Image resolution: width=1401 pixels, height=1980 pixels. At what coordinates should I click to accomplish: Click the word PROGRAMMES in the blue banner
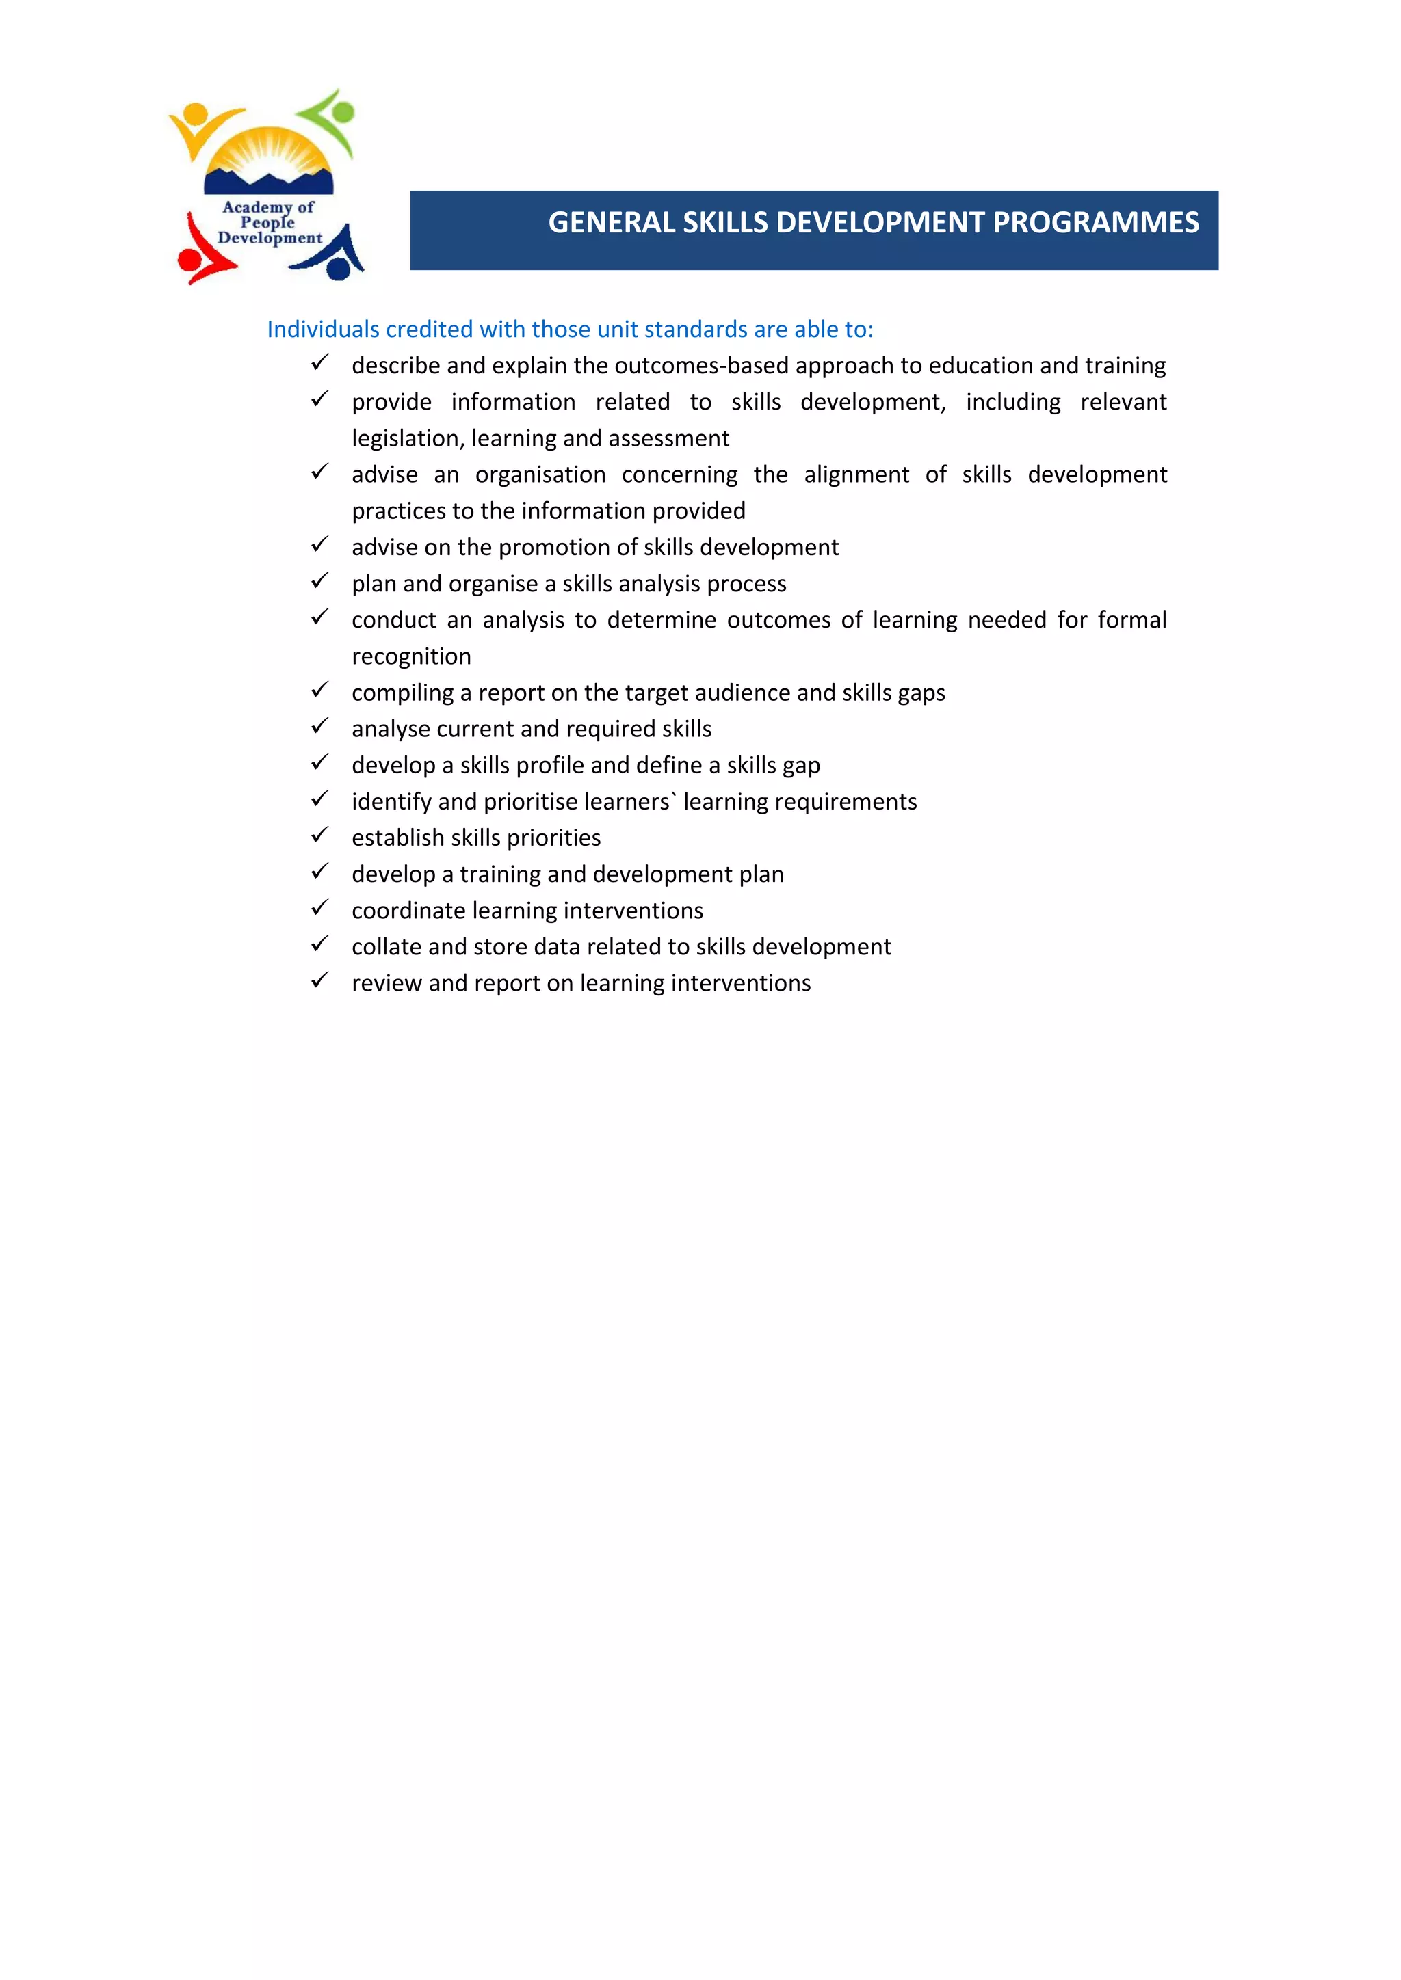point(1096,222)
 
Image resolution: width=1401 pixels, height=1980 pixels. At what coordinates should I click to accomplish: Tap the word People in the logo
point(267,222)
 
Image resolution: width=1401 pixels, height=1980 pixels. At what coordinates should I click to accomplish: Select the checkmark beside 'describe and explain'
point(319,363)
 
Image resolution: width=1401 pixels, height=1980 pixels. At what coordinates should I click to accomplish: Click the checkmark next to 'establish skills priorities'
point(319,835)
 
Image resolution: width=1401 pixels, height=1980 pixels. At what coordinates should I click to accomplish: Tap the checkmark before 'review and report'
point(319,980)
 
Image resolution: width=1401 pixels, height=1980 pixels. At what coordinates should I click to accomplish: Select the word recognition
point(412,657)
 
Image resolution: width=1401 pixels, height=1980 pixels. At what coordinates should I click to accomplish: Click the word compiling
point(402,693)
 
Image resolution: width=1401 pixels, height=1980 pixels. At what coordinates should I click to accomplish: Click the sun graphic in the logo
point(267,155)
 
